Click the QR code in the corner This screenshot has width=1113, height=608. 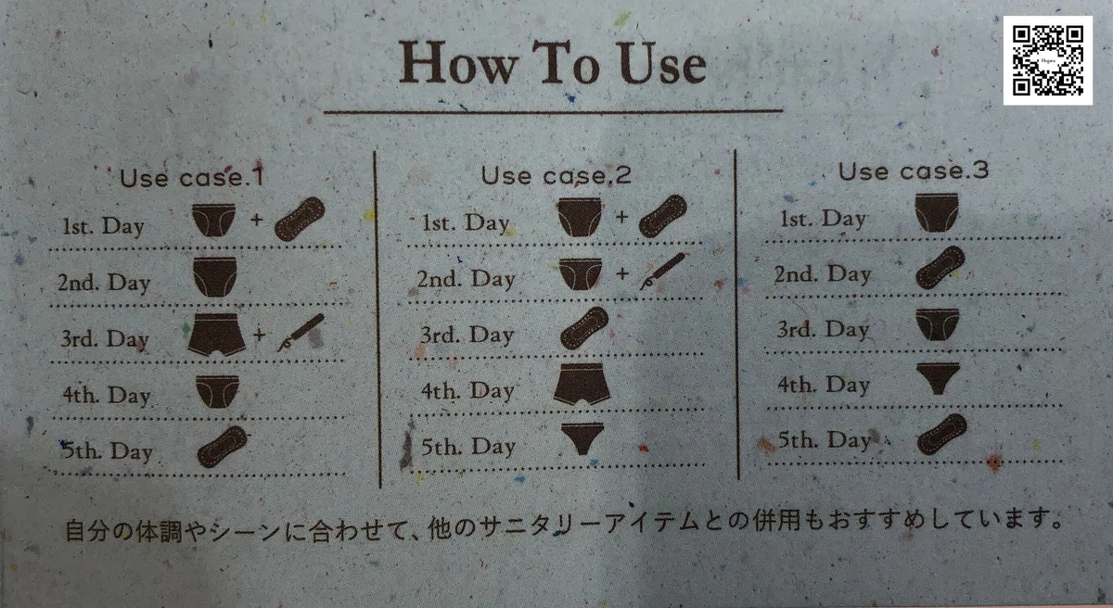point(1047,60)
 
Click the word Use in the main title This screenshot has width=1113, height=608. point(662,64)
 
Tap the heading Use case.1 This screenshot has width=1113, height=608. point(192,178)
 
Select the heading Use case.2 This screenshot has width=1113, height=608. point(556,174)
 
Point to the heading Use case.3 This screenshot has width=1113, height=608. point(914,171)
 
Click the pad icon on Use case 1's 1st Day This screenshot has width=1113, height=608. point(300,219)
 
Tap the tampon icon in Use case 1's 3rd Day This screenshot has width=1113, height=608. point(301,333)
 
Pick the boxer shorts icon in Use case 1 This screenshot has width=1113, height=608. point(217,334)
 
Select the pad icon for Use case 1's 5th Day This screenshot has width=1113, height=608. point(222,447)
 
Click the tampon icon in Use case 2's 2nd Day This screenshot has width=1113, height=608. point(662,272)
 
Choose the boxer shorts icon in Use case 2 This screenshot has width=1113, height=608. point(582,384)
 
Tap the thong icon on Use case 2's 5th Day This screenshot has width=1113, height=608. point(582,438)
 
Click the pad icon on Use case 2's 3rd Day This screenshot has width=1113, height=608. point(584,327)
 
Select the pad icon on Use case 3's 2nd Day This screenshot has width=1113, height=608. point(940,268)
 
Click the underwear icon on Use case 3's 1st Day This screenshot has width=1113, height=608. point(937,212)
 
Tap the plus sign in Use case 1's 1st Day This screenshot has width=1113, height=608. point(256,220)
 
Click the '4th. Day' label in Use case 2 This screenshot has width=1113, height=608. point(467,391)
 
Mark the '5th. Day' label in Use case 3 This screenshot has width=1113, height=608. point(825,440)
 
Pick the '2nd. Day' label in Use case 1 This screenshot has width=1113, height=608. point(104,284)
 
